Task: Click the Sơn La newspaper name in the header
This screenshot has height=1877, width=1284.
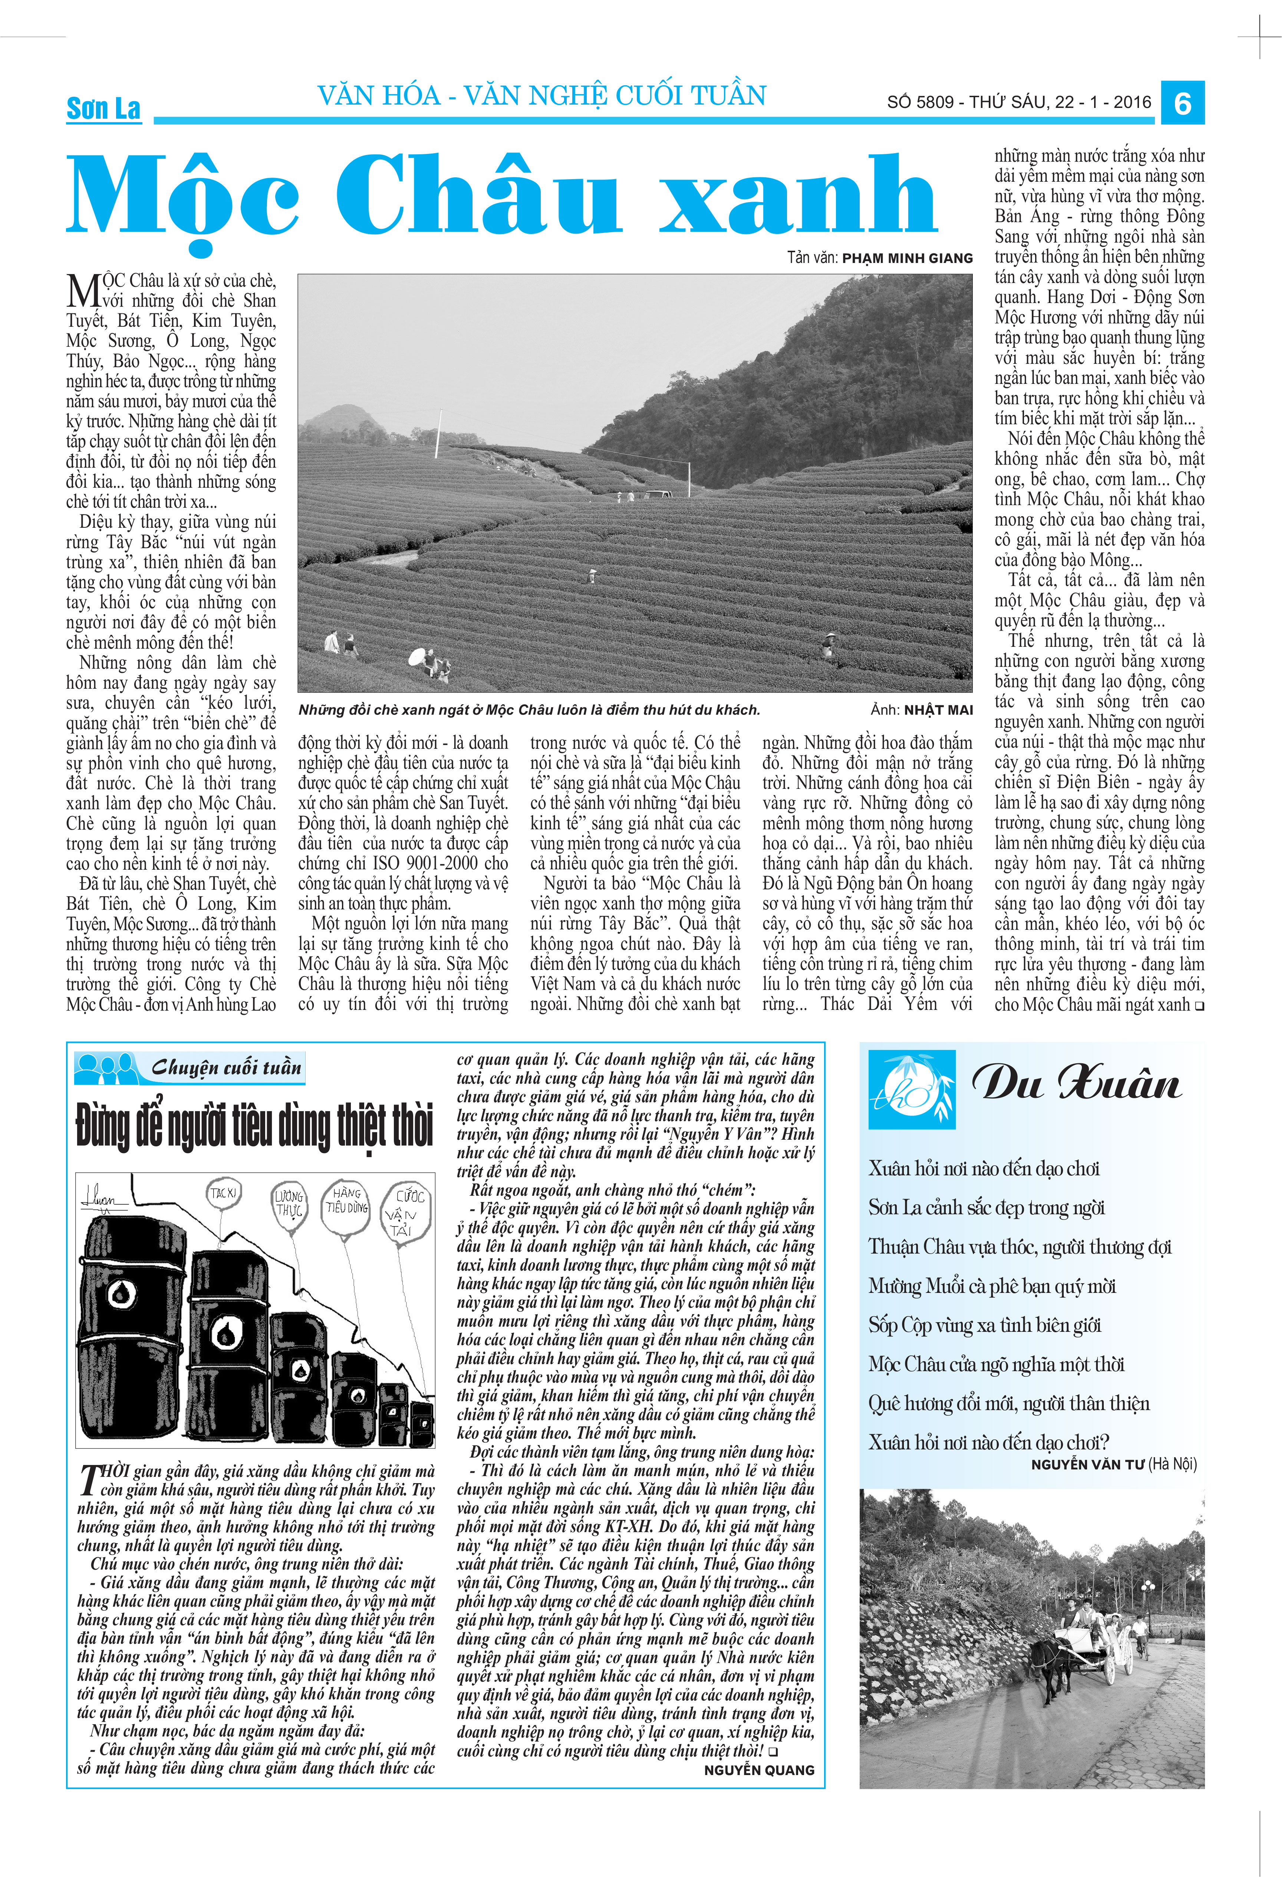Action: coord(103,108)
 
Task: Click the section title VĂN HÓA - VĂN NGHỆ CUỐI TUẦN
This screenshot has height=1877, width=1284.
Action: coord(541,96)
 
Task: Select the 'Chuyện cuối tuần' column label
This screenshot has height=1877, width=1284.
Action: coord(226,1068)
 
